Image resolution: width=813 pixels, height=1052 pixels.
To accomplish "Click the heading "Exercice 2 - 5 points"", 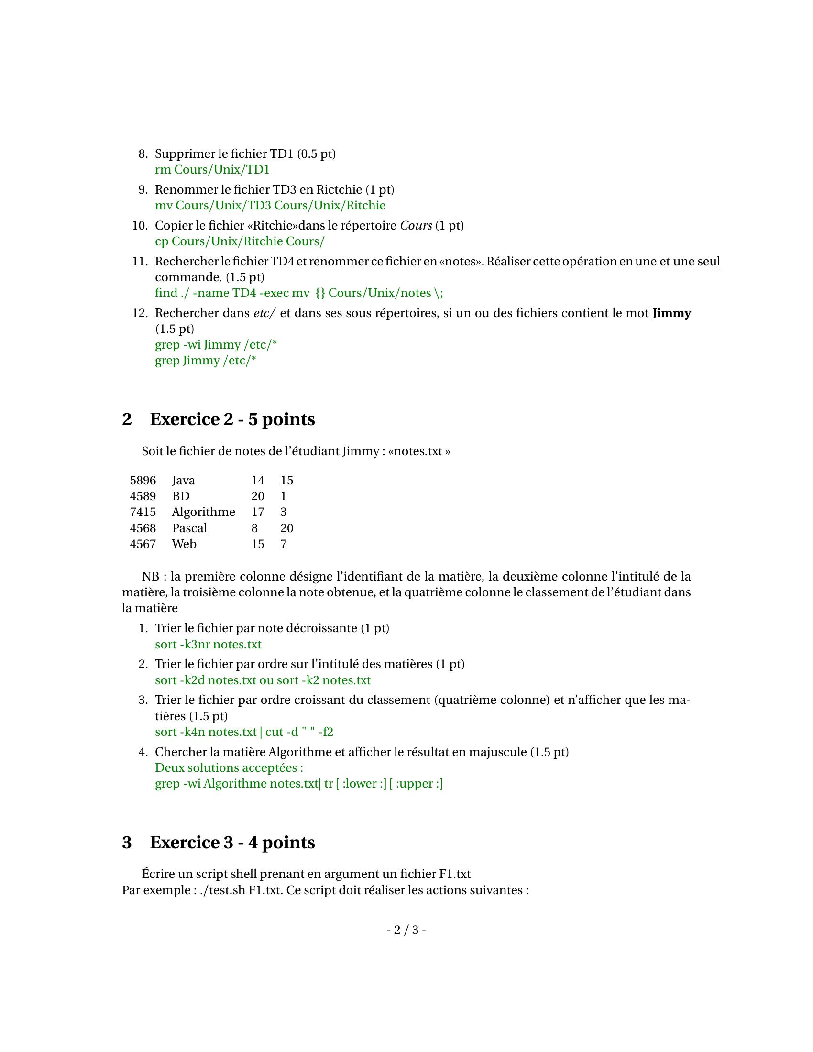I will (x=232, y=419).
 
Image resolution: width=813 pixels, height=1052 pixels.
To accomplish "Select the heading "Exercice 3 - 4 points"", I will (x=232, y=842).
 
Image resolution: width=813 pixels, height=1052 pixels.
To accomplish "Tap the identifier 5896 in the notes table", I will (x=143, y=480).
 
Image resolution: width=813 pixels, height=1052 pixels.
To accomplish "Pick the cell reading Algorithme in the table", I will (x=203, y=512).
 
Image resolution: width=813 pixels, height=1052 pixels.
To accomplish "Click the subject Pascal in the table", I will (x=189, y=528).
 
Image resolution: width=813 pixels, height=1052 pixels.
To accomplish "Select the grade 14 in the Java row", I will (x=258, y=480).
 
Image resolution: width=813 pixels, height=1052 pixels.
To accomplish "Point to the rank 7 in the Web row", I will (x=284, y=544).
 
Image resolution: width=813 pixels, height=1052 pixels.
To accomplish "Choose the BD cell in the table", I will (x=181, y=496).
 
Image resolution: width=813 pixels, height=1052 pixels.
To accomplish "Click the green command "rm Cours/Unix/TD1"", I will (x=212, y=170).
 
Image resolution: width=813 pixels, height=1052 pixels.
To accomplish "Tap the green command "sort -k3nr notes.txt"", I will (x=208, y=644).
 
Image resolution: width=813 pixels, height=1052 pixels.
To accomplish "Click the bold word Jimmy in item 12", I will (x=671, y=313).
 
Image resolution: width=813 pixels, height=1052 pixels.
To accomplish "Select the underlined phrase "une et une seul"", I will (x=677, y=262).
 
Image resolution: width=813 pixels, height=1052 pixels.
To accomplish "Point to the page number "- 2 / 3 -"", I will (x=406, y=930).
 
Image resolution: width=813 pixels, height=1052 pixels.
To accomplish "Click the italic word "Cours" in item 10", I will (x=416, y=225).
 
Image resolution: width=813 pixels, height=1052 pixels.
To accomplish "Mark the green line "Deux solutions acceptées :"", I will (x=229, y=767).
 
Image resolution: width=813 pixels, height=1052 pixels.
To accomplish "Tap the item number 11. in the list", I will (x=140, y=262).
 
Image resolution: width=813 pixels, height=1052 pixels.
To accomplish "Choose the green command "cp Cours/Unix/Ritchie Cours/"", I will (x=240, y=241).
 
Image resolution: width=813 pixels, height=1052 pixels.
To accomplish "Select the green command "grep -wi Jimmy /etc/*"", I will (x=216, y=345).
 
